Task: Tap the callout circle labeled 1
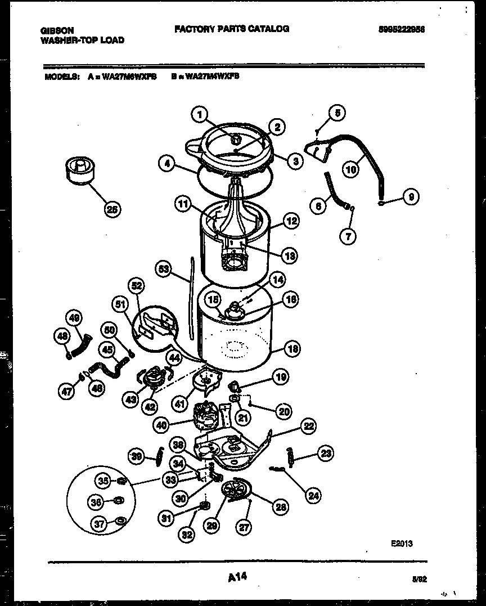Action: [x=198, y=115]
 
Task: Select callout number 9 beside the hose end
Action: [x=411, y=197]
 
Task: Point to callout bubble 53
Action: [x=164, y=270]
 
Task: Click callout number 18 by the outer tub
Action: [x=291, y=349]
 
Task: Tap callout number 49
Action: [x=74, y=318]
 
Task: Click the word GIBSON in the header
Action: [x=57, y=30]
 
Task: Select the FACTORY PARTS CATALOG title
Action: [x=232, y=29]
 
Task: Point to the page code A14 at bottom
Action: [x=238, y=577]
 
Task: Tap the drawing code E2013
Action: [x=402, y=544]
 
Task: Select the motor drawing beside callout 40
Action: [x=207, y=417]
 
